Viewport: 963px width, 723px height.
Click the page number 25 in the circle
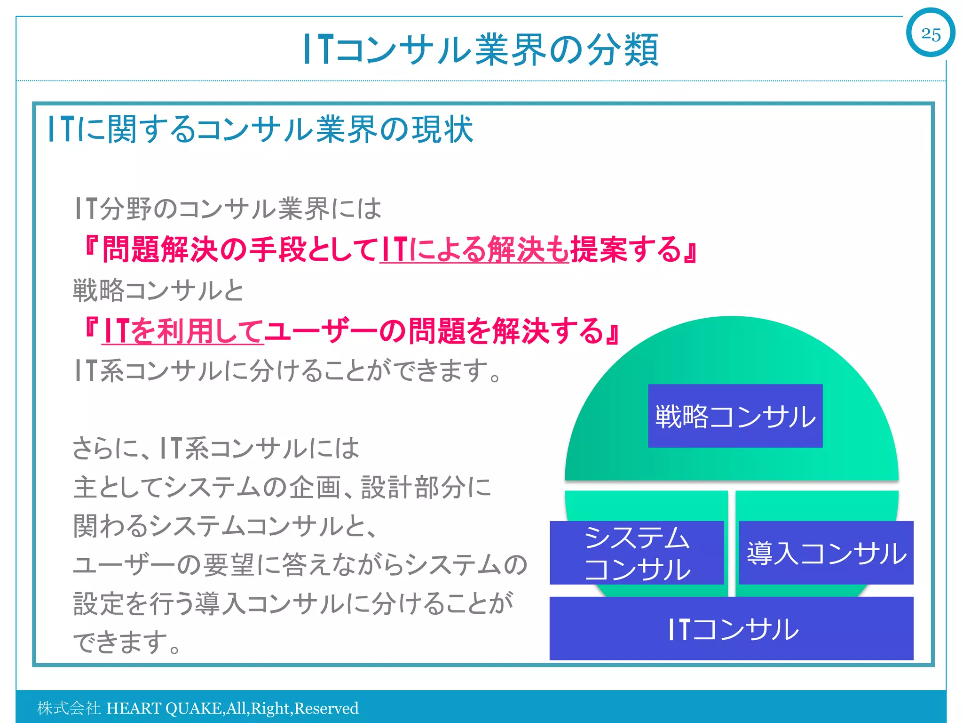[931, 34]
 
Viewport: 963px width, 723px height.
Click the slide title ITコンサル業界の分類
[481, 49]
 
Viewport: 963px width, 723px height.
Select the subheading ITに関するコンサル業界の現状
[260, 129]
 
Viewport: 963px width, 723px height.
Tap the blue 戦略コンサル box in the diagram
[735, 416]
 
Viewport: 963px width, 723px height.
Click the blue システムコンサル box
[637, 553]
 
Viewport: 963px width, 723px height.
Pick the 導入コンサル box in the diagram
[826, 553]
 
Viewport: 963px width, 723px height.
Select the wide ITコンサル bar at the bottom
[731, 629]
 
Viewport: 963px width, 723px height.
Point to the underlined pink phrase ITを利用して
[182, 331]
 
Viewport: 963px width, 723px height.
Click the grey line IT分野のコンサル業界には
[228, 209]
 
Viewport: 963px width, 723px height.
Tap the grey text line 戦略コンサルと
[158, 290]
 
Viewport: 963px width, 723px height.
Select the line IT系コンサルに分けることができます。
[288, 370]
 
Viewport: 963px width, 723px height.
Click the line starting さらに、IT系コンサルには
[216, 448]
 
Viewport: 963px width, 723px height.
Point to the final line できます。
[127, 642]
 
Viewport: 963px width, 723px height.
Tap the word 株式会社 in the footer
[69, 708]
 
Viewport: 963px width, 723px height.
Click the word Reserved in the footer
[326, 708]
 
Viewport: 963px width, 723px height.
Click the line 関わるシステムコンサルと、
[225, 525]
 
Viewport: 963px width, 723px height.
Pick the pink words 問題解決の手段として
[240, 249]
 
